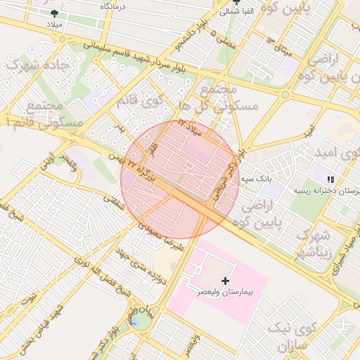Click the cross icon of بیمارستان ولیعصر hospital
click(x=225, y=280)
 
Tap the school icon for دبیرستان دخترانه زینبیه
click(x=331, y=180)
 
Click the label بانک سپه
click(x=258, y=179)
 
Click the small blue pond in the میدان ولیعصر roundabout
click(x=134, y=322)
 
